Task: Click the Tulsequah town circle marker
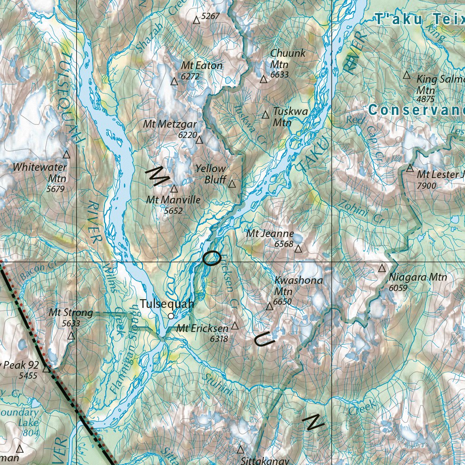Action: pyautogui.click(x=171, y=316)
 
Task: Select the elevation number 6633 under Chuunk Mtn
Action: pyautogui.click(x=279, y=74)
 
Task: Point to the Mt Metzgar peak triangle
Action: pyautogui.click(x=199, y=140)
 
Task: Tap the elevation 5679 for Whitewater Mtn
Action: pyautogui.click(x=56, y=188)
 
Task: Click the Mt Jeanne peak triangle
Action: pyautogui.click(x=298, y=249)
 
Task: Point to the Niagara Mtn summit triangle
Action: pyautogui.click(x=382, y=268)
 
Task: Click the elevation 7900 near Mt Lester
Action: pyautogui.click(x=426, y=186)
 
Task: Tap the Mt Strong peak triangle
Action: pyautogui.click(x=71, y=336)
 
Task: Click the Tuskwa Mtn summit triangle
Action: pyautogui.click(x=266, y=115)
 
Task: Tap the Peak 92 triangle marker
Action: pyautogui.click(x=46, y=369)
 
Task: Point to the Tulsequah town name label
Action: pyautogui.click(x=167, y=304)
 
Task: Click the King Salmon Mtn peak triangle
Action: pyautogui.click(x=407, y=75)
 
